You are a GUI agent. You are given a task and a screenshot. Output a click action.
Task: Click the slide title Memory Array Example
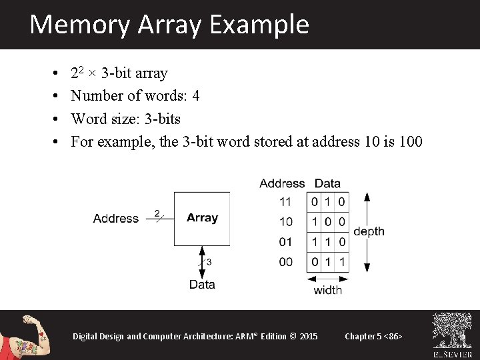(x=169, y=25)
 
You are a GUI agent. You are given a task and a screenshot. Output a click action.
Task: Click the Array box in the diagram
(x=202, y=218)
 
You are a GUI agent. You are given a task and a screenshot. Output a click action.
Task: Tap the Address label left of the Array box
(x=116, y=219)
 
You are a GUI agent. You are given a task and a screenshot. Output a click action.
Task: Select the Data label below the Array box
(x=202, y=285)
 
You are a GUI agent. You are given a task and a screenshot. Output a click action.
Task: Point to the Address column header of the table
(x=282, y=183)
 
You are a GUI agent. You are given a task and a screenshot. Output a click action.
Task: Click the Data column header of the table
(x=327, y=183)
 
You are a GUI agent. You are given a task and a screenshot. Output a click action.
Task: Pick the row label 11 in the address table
(x=285, y=202)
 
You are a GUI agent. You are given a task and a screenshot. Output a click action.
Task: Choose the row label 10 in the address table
(x=285, y=222)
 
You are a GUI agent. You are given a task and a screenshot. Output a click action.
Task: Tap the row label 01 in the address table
(x=285, y=242)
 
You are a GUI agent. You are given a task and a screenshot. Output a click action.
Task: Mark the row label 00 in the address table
(x=285, y=262)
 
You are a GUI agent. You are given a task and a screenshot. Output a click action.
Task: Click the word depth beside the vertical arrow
(x=369, y=231)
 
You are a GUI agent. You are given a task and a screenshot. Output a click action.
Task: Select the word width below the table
(x=327, y=290)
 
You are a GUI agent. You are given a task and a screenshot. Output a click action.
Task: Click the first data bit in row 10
(x=315, y=222)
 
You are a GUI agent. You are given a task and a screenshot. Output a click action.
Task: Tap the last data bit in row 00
(x=341, y=262)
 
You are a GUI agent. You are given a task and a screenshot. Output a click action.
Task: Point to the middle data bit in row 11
(x=328, y=202)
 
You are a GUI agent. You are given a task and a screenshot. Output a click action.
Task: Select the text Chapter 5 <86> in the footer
(x=373, y=336)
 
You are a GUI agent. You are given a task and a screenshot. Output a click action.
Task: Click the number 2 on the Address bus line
(x=157, y=213)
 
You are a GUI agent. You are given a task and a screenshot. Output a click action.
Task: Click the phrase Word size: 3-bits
(x=125, y=119)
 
